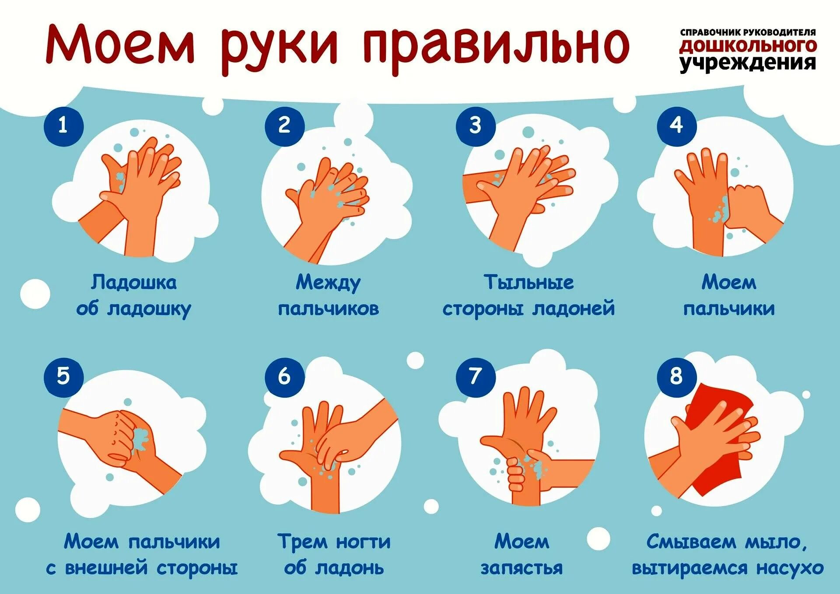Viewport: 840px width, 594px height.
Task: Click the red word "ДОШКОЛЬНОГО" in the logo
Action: pyautogui.click(x=748, y=46)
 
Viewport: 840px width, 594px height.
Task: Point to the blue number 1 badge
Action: pyautogui.click(x=63, y=126)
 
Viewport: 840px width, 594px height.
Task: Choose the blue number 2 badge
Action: pyautogui.click(x=284, y=126)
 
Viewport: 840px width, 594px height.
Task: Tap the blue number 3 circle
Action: pyautogui.click(x=476, y=126)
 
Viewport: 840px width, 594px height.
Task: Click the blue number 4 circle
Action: pyautogui.click(x=676, y=126)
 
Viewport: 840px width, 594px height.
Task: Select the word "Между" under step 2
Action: pyautogui.click(x=328, y=283)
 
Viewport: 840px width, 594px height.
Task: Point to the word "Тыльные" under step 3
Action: pyautogui.click(x=528, y=283)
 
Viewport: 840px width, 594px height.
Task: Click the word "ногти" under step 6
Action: pyautogui.click(x=363, y=542)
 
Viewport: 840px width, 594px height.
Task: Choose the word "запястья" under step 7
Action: pyautogui.click(x=521, y=568)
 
